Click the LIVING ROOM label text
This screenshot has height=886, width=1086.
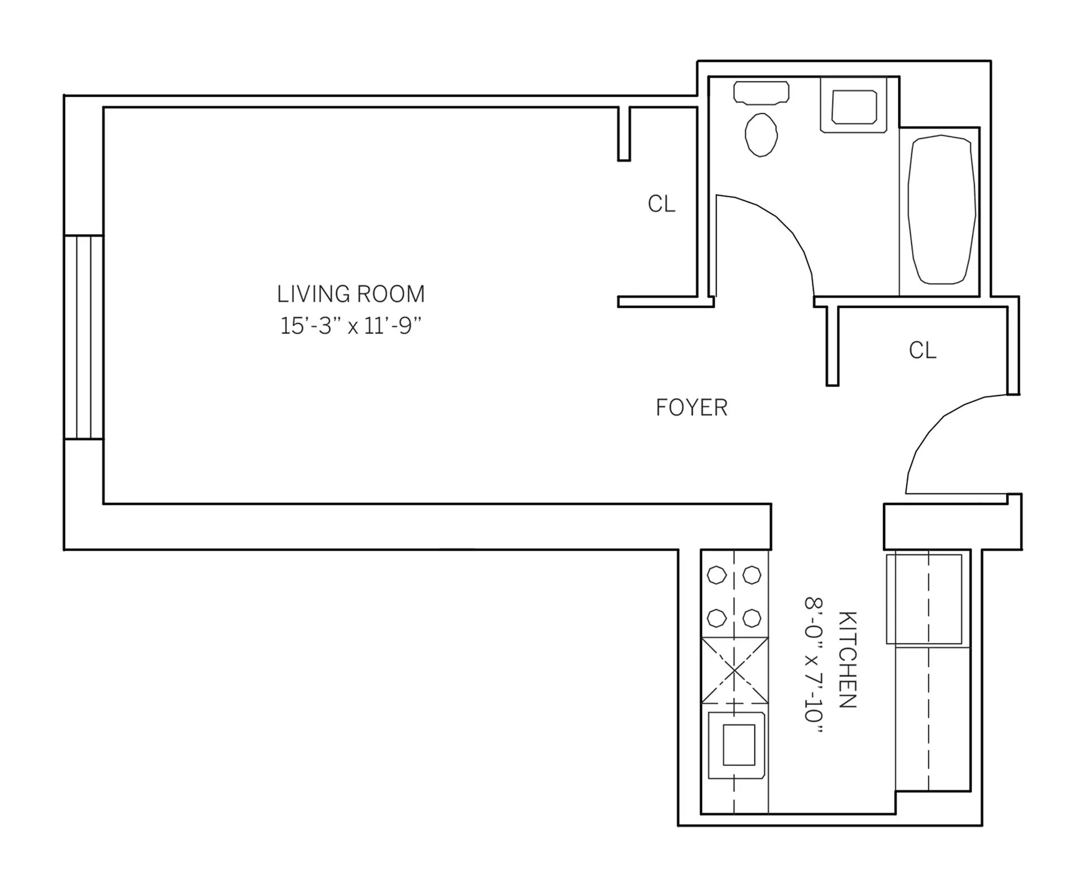(350, 294)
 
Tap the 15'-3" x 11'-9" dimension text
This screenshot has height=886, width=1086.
(351, 326)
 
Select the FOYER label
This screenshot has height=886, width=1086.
(691, 408)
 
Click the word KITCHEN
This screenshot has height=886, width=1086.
(847, 659)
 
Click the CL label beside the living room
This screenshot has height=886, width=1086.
(661, 204)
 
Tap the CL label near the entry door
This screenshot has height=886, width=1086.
(922, 351)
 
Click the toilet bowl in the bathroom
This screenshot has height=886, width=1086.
(761, 135)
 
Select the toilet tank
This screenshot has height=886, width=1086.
(761, 93)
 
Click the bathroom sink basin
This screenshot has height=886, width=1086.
(854, 107)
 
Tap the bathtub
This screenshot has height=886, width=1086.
(941, 209)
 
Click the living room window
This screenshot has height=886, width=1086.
(83, 337)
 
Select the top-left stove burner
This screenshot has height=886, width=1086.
(717, 575)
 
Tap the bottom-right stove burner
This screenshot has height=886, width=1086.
(751, 618)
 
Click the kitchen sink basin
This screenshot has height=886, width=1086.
(739, 745)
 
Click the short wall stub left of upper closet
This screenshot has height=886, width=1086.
(623, 134)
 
